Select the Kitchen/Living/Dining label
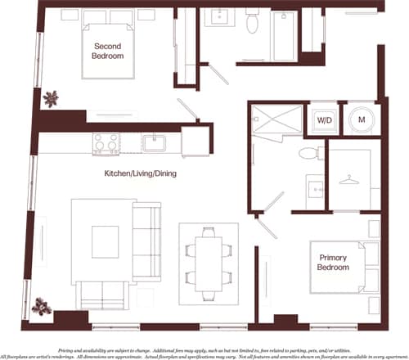pyautogui.click(x=140, y=174)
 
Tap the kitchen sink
pyautogui.click(x=153, y=142)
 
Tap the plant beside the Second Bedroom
pyautogui.click(x=52, y=98)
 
